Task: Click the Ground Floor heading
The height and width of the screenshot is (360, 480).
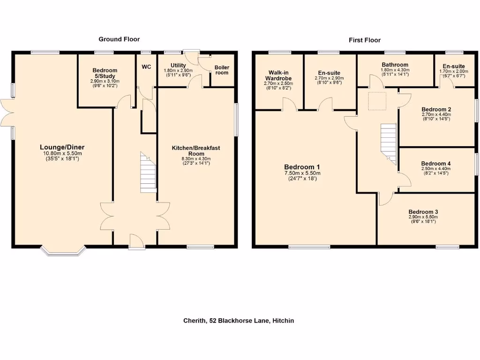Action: [119, 39]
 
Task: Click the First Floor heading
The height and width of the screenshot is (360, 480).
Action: [364, 40]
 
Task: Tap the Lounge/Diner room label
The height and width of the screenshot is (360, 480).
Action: [62, 147]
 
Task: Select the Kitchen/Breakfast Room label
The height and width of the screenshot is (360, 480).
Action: [196, 150]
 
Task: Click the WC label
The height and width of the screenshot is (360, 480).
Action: [147, 67]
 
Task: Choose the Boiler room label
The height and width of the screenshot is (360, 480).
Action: [222, 70]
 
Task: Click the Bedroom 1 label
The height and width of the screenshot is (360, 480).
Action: [302, 167]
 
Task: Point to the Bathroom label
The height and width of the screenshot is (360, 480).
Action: [395, 65]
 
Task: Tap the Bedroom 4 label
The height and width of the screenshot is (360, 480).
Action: [436, 164]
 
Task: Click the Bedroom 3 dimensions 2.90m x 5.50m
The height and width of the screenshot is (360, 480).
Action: [423, 217]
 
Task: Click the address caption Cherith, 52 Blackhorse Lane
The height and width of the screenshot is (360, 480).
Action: [239, 321]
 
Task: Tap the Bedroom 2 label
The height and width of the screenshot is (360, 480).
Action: [436, 109]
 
